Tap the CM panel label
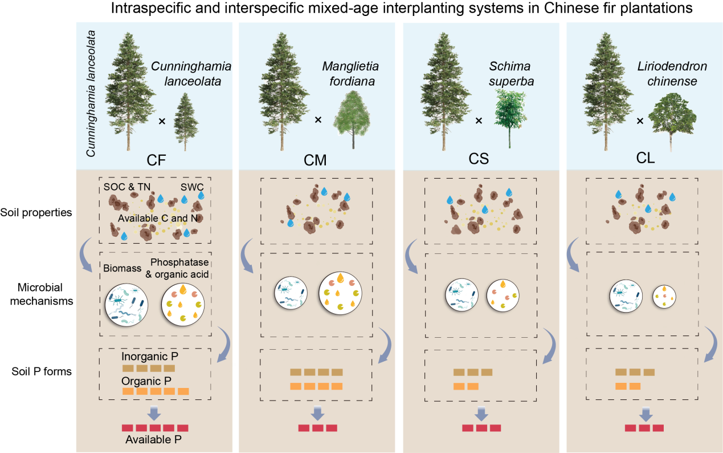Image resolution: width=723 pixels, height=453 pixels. [315, 160]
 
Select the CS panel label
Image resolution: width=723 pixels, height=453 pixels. [479, 159]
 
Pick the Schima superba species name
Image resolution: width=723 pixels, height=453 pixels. [511, 74]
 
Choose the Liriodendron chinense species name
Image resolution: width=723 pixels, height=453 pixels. [672, 74]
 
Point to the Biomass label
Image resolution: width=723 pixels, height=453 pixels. [122, 268]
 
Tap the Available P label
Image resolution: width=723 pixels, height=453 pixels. [156, 440]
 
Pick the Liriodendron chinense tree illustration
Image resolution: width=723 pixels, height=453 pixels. [672, 120]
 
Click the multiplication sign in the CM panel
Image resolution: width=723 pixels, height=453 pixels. [318, 120]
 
